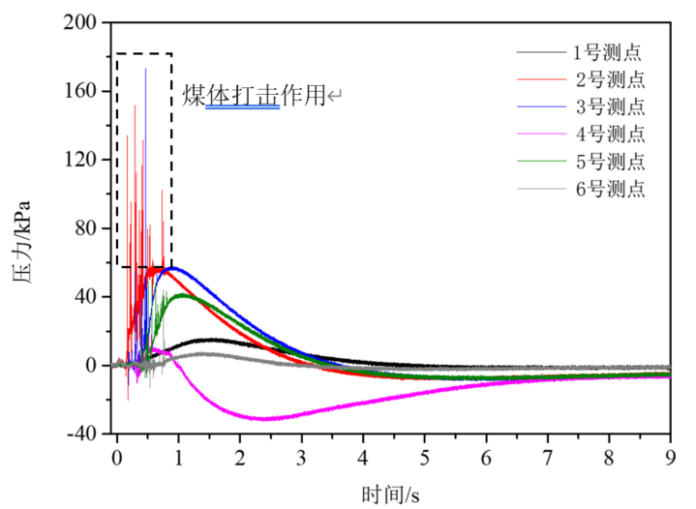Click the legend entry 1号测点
tap(608, 52)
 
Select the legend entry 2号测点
tap(608, 79)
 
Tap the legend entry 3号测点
tap(608, 106)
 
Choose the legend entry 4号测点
tap(608, 134)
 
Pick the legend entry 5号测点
tap(608, 161)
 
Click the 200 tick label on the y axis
tap(81, 22)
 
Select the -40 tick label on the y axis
tap(81, 434)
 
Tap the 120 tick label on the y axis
tap(81, 160)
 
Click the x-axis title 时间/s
tap(393, 495)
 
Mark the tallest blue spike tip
tap(146, 69)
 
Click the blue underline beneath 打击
tap(242, 107)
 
